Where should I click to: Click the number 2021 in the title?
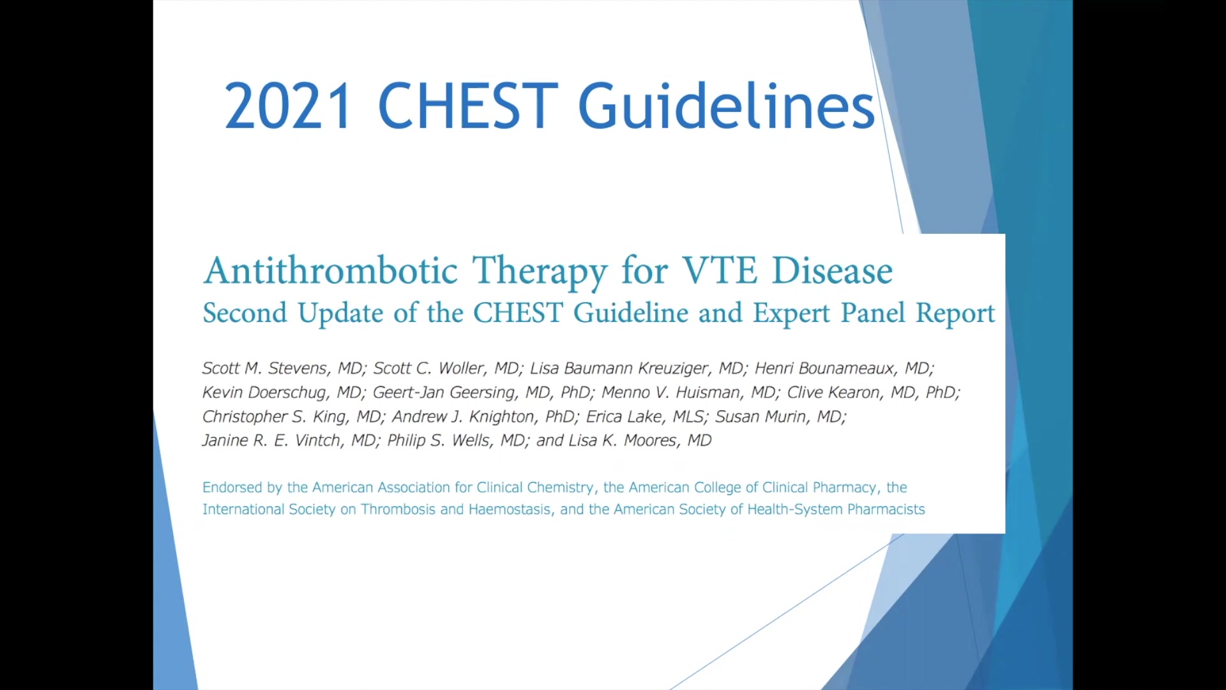[287, 105]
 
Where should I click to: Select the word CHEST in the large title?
[468, 105]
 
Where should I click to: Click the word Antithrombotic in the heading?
[331, 271]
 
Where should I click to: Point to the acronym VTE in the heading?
[720, 270]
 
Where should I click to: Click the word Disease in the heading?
[833, 270]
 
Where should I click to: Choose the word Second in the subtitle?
[245, 313]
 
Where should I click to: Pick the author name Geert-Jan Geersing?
[444, 393]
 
